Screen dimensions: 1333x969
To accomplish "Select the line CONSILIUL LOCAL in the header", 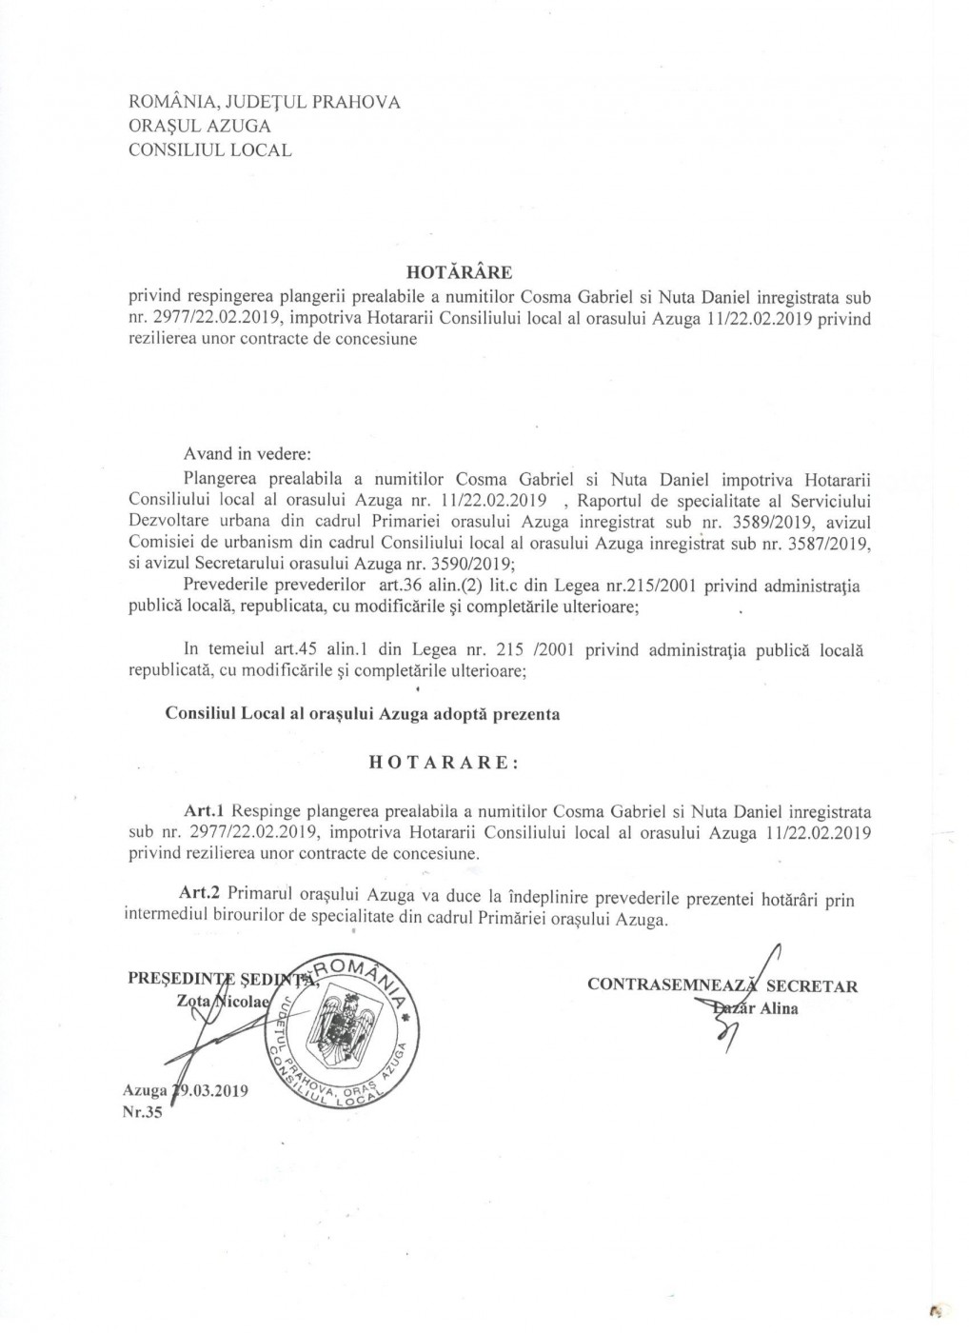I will pos(210,149).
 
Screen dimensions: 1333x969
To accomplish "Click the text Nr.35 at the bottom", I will pos(143,1113).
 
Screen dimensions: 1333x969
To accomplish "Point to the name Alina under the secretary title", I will pos(779,1009).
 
